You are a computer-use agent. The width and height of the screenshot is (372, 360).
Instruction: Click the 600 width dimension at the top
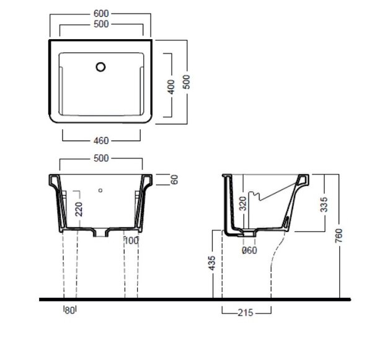tap(101, 14)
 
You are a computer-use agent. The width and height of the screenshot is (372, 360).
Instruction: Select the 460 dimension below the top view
tap(101, 141)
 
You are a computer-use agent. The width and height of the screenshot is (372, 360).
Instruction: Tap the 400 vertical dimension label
tap(171, 87)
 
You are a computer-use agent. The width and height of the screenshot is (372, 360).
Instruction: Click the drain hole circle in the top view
tap(100, 67)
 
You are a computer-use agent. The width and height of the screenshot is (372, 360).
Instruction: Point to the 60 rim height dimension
tap(174, 179)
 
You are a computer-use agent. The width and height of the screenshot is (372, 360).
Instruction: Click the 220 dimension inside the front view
tap(79, 209)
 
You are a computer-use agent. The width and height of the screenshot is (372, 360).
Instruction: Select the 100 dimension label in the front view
tap(131, 241)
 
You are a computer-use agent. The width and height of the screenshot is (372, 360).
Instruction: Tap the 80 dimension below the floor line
tap(69, 310)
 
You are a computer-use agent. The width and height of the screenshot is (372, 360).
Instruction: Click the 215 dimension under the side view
tap(246, 313)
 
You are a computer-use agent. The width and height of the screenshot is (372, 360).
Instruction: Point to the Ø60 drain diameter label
tap(249, 250)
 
